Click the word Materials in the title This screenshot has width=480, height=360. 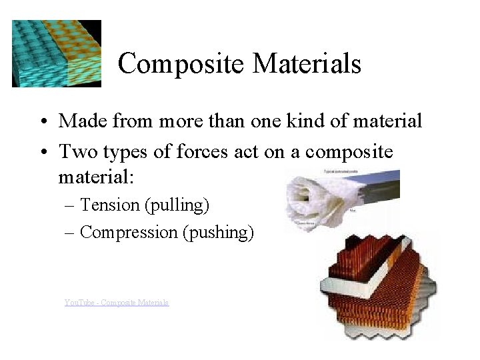tap(307, 64)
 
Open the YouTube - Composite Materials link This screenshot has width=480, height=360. tap(117, 302)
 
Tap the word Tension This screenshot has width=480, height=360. tap(109, 205)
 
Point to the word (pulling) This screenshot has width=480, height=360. tap(177, 205)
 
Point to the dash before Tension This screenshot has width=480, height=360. tap(71, 205)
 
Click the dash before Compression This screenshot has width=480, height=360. tap(71, 233)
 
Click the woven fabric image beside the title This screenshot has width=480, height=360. tap(57, 53)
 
